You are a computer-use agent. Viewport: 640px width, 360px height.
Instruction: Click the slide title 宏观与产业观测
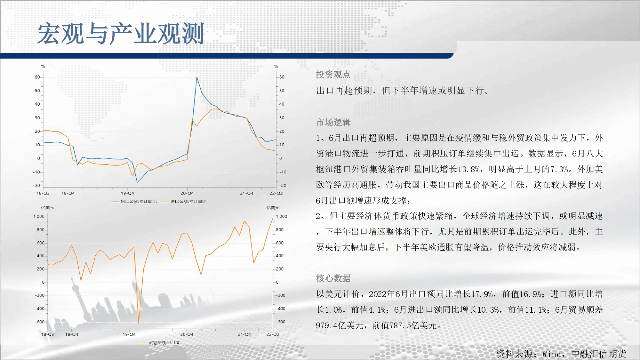(121, 34)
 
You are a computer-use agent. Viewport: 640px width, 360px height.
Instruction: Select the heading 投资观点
(333, 75)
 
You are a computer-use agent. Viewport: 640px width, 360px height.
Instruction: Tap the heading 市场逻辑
(333, 122)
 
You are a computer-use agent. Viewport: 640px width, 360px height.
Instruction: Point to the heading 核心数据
(333, 278)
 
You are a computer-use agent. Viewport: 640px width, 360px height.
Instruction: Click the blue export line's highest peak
(197, 77)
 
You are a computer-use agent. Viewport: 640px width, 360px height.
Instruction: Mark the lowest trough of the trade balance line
(139, 323)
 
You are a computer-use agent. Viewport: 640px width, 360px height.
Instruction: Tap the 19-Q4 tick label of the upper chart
(127, 193)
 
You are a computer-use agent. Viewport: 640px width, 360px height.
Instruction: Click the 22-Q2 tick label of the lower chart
(273, 334)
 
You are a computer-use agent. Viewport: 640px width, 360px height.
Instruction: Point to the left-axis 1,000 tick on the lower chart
(39, 217)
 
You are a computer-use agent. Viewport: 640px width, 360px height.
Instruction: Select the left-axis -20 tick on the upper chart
(36, 186)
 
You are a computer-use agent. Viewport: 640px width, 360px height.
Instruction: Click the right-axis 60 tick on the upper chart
(282, 77)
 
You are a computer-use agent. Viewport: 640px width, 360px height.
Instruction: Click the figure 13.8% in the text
(469, 169)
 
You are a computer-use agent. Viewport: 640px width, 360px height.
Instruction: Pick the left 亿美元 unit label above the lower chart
(47, 208)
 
